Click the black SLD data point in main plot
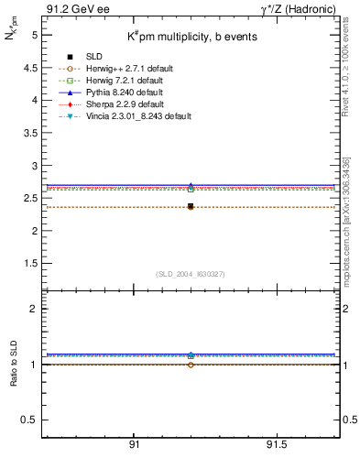click(x=191, y=206)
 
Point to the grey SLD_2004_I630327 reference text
click(x=191, y=274)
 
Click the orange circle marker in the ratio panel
click(x=191, y=365)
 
